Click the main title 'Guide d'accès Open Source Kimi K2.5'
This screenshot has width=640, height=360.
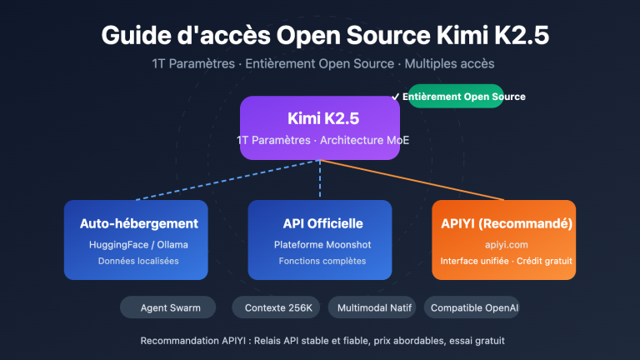click(320, 36)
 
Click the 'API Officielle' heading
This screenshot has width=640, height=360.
click(320, 223)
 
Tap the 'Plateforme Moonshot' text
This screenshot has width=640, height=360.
click(320, 244)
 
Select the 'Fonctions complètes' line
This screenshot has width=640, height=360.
click(320, 262)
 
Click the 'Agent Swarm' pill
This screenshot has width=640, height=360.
click(167, 307)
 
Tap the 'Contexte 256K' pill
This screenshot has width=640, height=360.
click(277, 307)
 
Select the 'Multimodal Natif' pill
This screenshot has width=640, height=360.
click(372, 307)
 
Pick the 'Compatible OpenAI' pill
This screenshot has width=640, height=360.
click(475, 307)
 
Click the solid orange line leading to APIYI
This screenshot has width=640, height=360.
click(417, 180)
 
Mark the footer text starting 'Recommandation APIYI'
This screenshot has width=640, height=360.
click(320, 341)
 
